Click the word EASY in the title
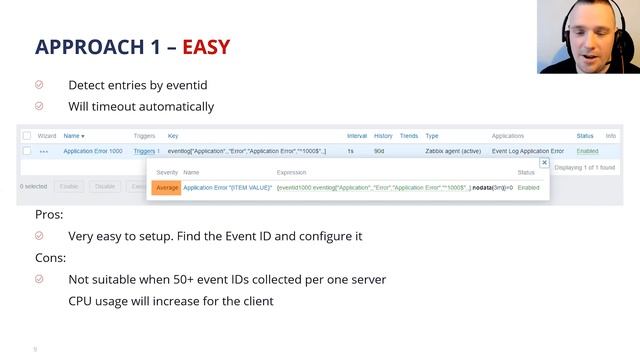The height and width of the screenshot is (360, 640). click(206, 47)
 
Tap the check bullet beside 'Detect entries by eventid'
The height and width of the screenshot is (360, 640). click(39, 86)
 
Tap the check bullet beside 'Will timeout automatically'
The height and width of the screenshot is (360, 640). click(39, 106)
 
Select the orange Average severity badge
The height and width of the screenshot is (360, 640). click(166, 187)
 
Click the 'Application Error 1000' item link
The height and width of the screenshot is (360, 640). click(93, 151)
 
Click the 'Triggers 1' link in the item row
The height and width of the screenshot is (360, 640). click(146, 151)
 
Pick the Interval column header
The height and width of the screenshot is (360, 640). click(356, 135)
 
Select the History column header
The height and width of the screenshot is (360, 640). click(383, 135)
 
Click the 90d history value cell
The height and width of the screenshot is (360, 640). click(379, 151)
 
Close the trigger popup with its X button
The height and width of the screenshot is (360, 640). click(544, 162)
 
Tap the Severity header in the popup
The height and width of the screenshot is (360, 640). click(167, 173)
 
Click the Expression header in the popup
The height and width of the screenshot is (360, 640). click(292, 173)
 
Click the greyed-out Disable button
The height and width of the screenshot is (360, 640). click(104, 186)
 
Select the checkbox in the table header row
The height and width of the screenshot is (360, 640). click(26, 135)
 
